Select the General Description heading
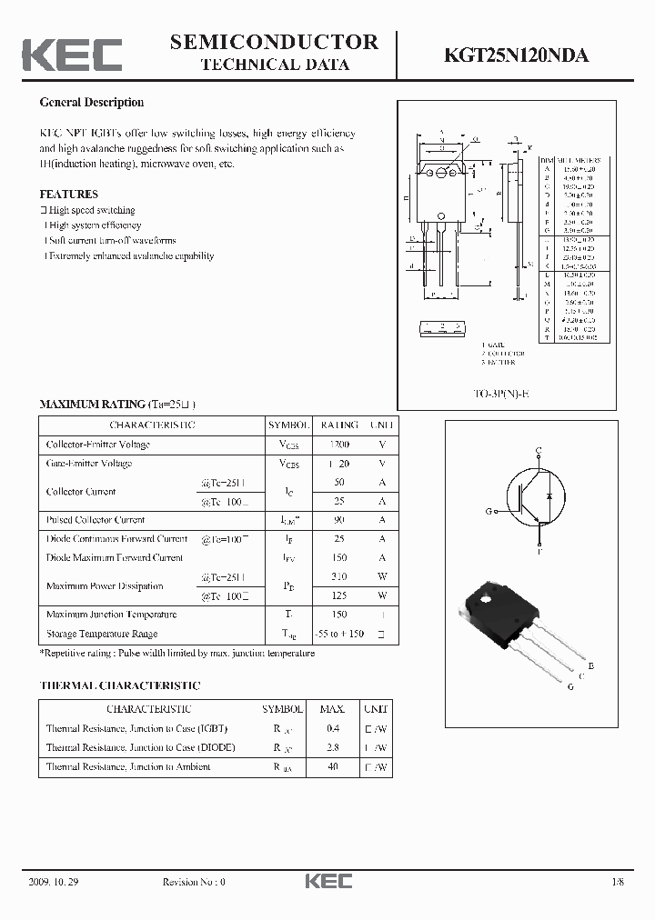point(91,103)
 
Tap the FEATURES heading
point(68,195)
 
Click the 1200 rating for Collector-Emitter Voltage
point(338,445)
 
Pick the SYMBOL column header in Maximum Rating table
point(288,425)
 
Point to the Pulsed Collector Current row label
point(96,520)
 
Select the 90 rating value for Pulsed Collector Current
point(338,520)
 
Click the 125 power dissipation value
point(338,596)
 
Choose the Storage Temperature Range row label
point(101,634)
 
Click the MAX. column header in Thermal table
point(332,709)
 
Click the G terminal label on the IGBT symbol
point(489,512)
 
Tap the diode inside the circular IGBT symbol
point(548,496)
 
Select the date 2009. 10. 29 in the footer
point(55,882)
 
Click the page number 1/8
point(619,882)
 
